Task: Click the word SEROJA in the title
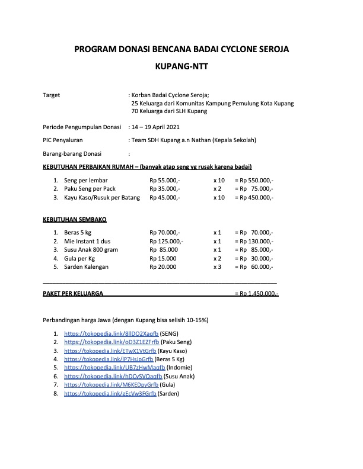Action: (270, 50)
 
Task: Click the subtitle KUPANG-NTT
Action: (181, 67)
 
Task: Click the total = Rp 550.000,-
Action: (254, 179)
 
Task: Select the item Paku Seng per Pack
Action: (90, 188)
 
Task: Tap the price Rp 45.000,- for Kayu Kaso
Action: (165, 197)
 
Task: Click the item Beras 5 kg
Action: (78, 232)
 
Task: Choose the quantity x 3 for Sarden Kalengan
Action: (217, 267)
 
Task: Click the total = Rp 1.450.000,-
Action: (257, 293)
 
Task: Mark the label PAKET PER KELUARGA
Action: (74, 293)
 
